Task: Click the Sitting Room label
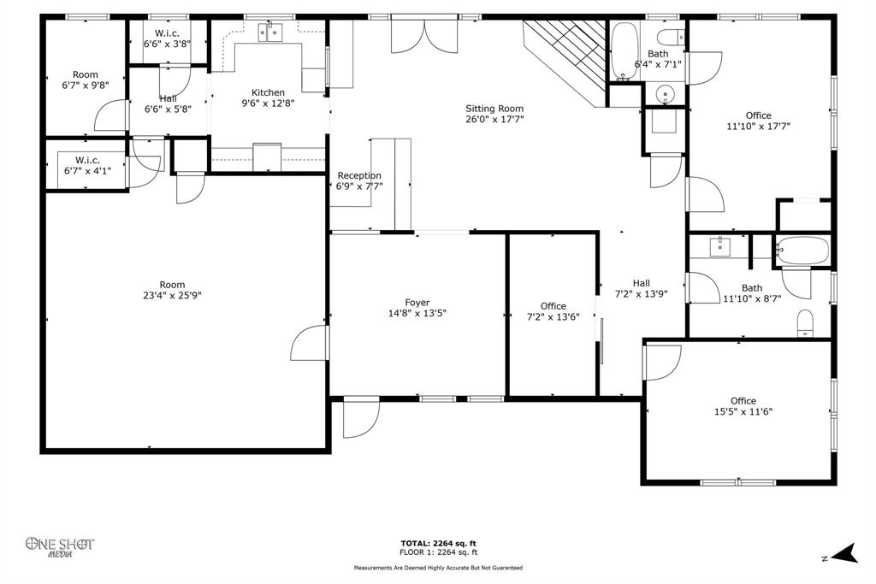[x=494, y=109]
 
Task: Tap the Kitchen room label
[x=268, y=92]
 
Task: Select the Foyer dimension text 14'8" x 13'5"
[x=417, y=313]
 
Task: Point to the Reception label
[x=359, y=175]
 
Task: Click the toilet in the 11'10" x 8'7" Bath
[x=806, y=322]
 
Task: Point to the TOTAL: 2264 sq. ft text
[x=438, y=543]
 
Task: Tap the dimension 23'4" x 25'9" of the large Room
[x=172, y=296]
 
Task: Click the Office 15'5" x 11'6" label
[x=743, y=401]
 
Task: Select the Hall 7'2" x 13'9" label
[x=641, y=283]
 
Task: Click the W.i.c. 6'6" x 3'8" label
[x=167, y=33]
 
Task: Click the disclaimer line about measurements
[x=438, y=568]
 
